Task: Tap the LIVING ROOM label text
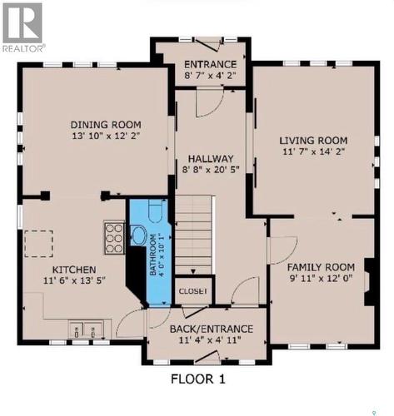click(312, 140)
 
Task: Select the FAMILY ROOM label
click(321, 266)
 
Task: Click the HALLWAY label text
click(210, 158)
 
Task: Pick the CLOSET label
click(193, 291)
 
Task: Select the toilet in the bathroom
click(138, 234)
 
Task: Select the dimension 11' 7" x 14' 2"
click(312, 152)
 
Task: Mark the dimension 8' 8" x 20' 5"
click(210, 171)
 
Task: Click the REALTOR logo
click(22, 26)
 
